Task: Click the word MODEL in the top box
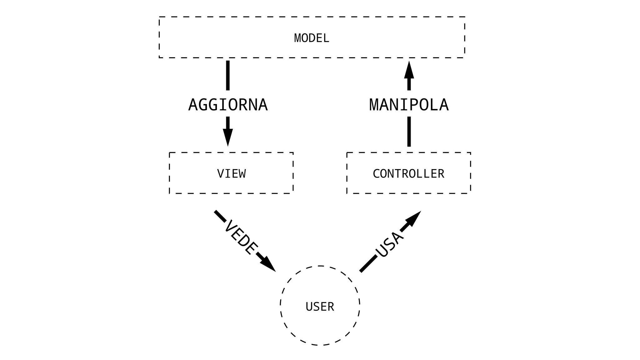pos(312,38)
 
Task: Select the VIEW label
pos(231,174)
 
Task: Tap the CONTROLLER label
pos(408,174)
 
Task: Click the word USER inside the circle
pos(320,307)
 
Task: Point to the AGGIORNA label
pos(228,105)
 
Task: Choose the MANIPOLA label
pos(409,105)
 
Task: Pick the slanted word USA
pos(389,245)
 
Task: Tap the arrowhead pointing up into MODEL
pos(409,71)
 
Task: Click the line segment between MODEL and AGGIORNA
pos(228,75)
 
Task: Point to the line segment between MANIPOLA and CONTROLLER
pos(409,131)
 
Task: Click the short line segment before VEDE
pos(220,216)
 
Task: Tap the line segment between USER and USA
pos(368,263)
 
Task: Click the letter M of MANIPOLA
pos(374,105)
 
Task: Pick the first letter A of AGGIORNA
pos(193,105)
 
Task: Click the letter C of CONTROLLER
pos(377,174)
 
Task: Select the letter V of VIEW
pos(221,174)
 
